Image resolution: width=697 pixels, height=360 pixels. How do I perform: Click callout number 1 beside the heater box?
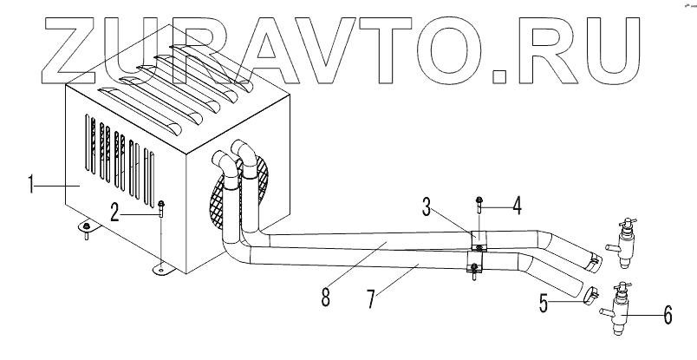coord(32,184)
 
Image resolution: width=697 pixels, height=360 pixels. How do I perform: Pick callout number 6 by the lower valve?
coord(667,316)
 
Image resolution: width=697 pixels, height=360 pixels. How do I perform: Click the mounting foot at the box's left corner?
coord(88,227)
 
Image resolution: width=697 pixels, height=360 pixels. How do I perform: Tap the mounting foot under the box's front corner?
coord(163,269)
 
